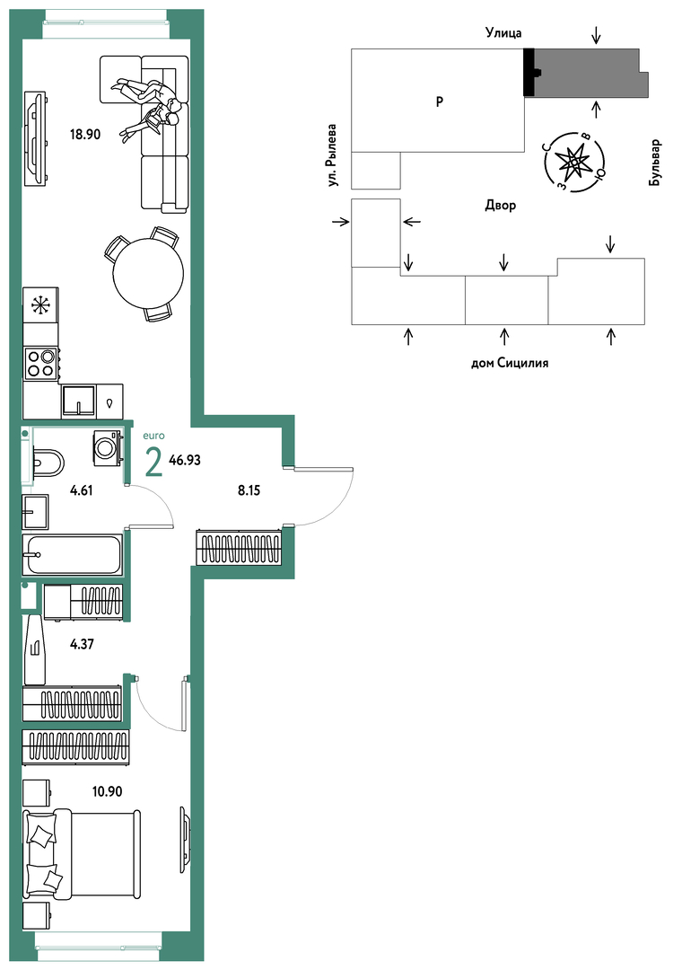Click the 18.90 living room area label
[x=84, y=134]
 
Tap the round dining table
[x=148, y=273]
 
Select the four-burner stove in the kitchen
[x=41, y=363]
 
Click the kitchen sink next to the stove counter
[x=78, y=401]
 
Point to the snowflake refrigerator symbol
[x=40, y=305]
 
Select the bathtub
[x=72, y=554]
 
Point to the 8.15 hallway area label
[x=249, y=490]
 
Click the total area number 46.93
[x=185, y=460]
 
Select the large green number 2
[x=153, y=463]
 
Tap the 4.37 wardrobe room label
[x=82, y=644]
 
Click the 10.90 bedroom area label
[x=107, y=791]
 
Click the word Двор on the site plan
[x=500, y=206]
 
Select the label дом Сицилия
[x=510, y=363]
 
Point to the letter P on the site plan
[x=440, y=101]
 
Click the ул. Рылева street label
[x=333, y=155]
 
